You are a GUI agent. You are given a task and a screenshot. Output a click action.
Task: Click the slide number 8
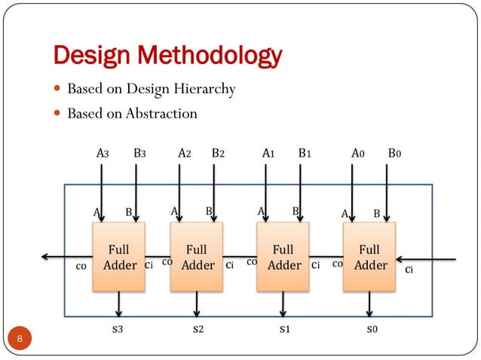20,340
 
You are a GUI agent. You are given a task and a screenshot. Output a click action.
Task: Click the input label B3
139,153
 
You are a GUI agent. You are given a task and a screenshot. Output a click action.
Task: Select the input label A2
184,153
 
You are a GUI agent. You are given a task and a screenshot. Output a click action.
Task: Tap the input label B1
305,153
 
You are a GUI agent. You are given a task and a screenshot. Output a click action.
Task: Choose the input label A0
358,153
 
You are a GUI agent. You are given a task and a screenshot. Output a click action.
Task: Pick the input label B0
395,153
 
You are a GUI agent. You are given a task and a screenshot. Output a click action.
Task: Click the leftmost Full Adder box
118,257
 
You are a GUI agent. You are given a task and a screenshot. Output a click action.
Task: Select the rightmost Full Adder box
369,257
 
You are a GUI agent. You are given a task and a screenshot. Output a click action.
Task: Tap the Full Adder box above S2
196,257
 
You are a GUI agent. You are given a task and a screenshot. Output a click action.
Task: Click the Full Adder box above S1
283,257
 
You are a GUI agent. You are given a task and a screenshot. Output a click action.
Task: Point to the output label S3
118,329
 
